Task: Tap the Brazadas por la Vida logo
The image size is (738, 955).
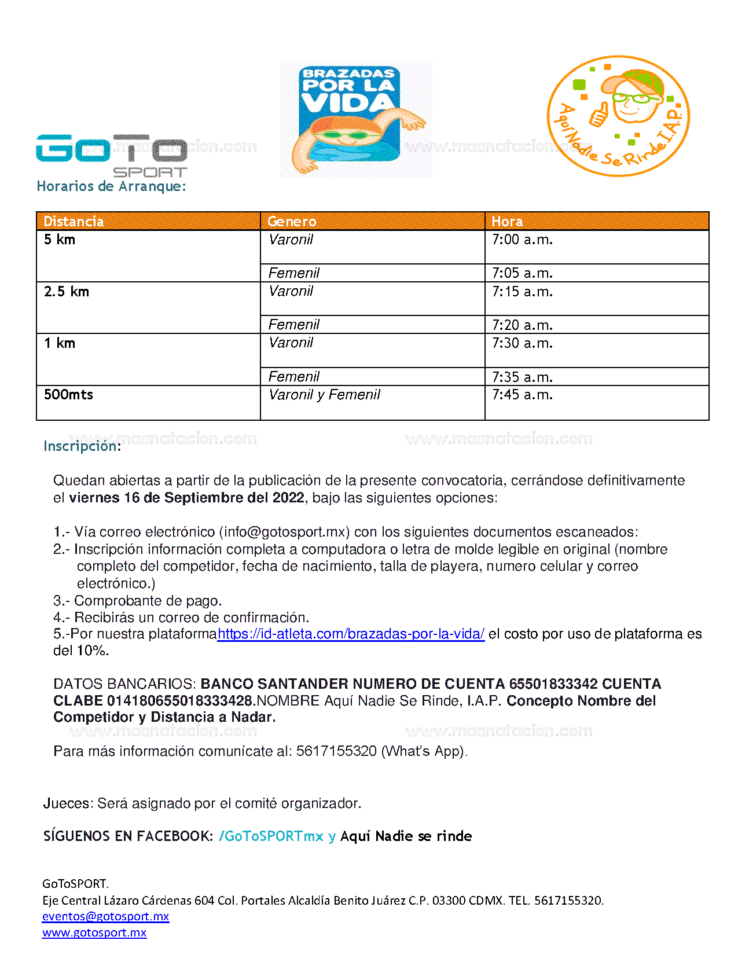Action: pyautogui.click(x=355, y=119)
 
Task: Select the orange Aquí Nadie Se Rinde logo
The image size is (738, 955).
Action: pyautogui.click(x=618, y=116)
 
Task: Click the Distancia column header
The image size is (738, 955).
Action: pyautogui.click(x=74, y=222)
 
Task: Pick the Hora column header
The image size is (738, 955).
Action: pyautogui.click(x=507, y=222)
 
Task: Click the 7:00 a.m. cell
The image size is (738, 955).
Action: pyautogui.click(x=522, y=240)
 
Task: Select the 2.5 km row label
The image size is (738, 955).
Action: pyautogui.click(x=67, y=292)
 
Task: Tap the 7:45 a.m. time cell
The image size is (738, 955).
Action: pyautogui.click(x=522, y=395)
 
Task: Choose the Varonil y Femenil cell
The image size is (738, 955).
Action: pyautogui.click(x=324, y=395)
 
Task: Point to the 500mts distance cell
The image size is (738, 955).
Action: pyautogui.click(x=68, y=395)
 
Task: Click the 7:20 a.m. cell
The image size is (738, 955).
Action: pyautogui.click(x=522, y=325)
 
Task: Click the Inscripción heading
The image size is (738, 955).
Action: pyautogui.click(x=82, y=446)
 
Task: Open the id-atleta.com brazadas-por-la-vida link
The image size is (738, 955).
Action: pyautogui.click(x=351, y=634)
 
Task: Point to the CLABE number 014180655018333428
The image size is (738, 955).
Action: pyautogui.click(x=181, y=701)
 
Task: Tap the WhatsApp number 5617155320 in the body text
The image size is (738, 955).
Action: pyautogui.click(x=336, y=751)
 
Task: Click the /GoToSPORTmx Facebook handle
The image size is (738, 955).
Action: pyautogui.click(x=271, y=836)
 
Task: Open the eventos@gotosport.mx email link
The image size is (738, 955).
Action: pyautogui.click(x=105, y=916)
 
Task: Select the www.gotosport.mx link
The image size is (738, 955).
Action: pyautogui.click(x=94, y=932)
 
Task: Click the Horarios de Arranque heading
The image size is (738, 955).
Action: pyautogui.click(x=111, y=186)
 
